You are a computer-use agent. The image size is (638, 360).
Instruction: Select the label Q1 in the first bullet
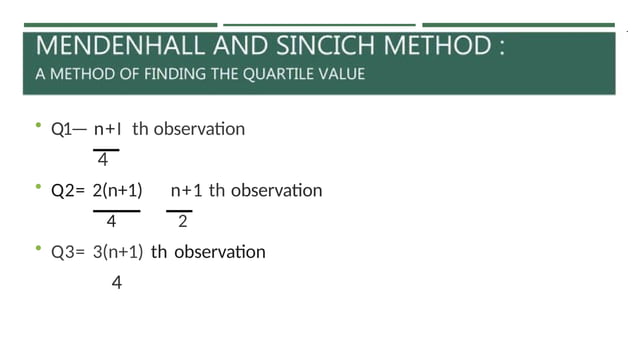coord(62,129)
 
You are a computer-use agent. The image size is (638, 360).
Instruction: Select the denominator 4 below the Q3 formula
coord(116,284)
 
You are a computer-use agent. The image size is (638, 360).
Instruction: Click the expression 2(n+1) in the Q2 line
coord(116,190)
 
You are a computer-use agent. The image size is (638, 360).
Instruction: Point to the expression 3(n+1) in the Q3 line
coord(118,252)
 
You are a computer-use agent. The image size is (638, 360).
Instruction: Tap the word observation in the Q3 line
coord(220,252)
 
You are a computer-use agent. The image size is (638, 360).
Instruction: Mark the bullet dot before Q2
coord(37,186)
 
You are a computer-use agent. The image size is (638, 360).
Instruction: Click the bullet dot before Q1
coord(37,125)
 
